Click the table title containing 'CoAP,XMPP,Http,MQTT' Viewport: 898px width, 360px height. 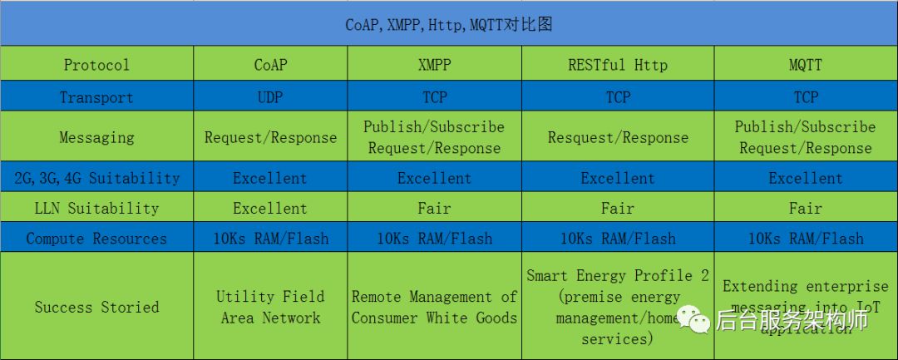pos(449,24)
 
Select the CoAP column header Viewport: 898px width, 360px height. pos(270,64)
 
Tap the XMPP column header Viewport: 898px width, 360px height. pos(434,64)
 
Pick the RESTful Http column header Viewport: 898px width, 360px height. pos(618,64)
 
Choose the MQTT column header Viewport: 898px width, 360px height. pos(805,64)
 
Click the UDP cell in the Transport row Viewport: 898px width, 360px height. pos(270,97)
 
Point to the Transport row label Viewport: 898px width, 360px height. pos(96,97)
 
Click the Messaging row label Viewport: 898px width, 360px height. pos(96,137)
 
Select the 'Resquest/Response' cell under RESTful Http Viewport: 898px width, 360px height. pos(618,137)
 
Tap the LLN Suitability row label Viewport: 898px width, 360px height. pos(96,208)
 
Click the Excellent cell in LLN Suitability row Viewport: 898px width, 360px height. pos(270,208)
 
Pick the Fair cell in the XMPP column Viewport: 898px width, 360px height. pos(434,208)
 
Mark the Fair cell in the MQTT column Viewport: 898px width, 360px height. pos(805,208)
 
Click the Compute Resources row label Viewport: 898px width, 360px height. pos(96,239)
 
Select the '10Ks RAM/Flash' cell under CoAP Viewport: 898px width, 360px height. pos(270,239)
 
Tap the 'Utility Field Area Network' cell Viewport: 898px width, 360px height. pos(270,307)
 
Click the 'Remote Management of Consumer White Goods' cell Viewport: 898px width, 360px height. pos(434,307)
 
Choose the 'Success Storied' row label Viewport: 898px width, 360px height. pos(96,307)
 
